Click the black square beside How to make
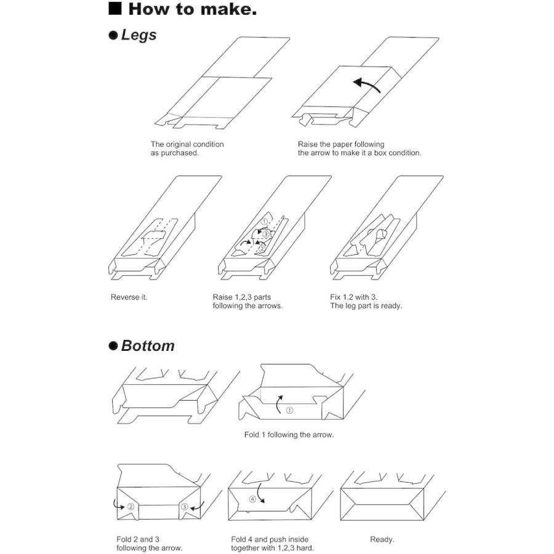tap(115, 9)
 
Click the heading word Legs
tap(138, 35)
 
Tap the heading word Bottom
tap(148, 345)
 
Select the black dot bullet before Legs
tap(113, 35)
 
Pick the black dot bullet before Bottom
tap(113, 345)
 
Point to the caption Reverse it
tap(129, 297)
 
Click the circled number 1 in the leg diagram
tap(264, 222)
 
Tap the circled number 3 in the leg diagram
tap(267, 235)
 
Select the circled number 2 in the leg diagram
tap(262, 249)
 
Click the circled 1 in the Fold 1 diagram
tap(289, 410)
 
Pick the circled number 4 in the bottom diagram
tap(252, 499)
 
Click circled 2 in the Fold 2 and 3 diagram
tap(130, 507)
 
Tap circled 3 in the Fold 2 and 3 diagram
tap(185, 507)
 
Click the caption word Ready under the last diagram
tap(381, 539)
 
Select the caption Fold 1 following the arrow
tap(289, 435)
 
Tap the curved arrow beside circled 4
tap(260, 493)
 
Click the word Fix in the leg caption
tap(335, 297)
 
